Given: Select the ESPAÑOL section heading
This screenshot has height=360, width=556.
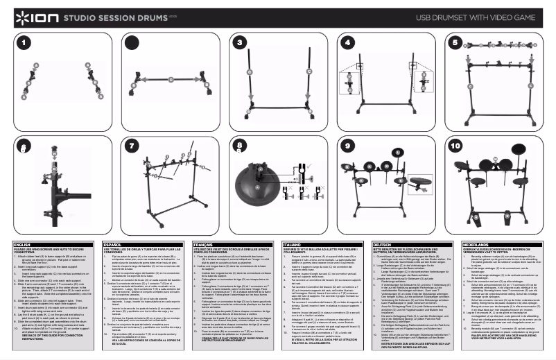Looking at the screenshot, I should pos(112,245).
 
